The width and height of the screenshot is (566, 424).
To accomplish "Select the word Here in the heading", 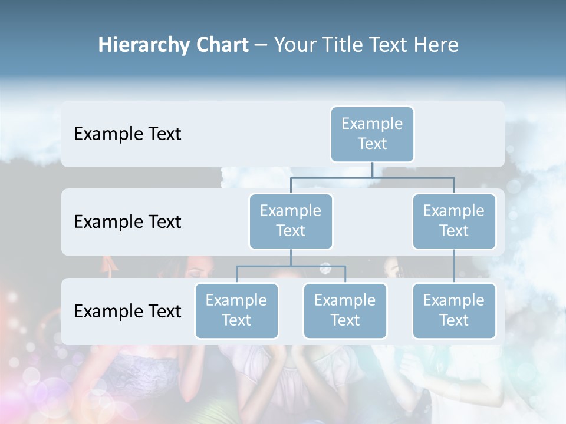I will coord(437,45).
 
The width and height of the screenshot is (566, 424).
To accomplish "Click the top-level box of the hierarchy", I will coord(372,134).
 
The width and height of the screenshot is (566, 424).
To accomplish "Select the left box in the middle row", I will coord(291,221).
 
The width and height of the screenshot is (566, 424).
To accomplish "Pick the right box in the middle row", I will coord(454,221).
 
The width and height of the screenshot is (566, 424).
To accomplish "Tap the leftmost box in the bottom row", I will coord(236,310).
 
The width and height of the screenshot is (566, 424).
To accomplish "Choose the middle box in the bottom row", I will coord(345,310).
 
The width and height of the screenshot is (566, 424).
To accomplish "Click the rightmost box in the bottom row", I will coord(454,310).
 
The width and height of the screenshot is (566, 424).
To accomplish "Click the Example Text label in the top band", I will coord(127,134).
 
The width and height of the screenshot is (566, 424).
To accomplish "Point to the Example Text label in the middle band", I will coord(127,222).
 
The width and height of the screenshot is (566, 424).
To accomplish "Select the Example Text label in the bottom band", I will coord(127,311).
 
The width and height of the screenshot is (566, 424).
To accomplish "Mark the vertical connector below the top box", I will coord(372,170).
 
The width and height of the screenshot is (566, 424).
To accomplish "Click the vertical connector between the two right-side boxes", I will coord(454,266).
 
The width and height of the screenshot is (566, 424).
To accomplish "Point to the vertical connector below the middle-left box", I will coord(291,257).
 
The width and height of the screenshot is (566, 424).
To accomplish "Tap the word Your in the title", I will coord(294,45).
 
